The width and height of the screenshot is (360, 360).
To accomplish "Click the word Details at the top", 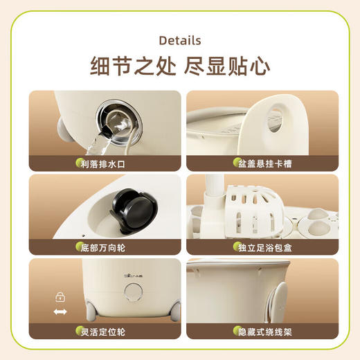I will tap(180, 40).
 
